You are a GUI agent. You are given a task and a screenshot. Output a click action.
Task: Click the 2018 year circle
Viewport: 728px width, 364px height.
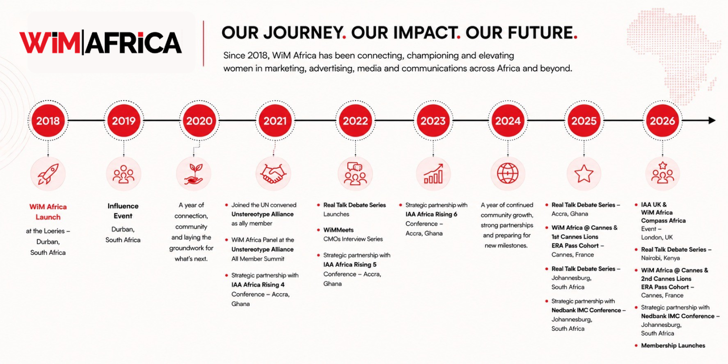coord(48,121)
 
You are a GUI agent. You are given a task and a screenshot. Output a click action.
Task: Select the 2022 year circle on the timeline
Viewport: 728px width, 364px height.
coord(355,121)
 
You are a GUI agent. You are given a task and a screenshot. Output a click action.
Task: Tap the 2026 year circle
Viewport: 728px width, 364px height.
coord(662,121)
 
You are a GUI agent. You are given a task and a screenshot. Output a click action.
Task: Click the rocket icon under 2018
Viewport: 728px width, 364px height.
coord(48,174)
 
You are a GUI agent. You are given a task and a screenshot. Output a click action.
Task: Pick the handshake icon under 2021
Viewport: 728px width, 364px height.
coord(273,174)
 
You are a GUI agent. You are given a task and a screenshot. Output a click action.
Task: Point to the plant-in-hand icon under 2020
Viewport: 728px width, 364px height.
coord(193,174)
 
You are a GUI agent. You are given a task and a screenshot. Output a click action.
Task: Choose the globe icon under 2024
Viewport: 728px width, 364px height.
coord(508,173)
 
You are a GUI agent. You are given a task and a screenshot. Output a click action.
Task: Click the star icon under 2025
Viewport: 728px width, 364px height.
coord(584,173)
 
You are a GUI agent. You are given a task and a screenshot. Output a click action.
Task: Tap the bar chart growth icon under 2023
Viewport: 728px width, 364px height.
coord(433,173)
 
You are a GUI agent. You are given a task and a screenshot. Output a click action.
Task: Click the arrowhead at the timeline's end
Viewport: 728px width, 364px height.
coord(712,121)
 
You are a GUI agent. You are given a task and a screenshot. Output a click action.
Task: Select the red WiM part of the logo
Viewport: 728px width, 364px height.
coord(50,43)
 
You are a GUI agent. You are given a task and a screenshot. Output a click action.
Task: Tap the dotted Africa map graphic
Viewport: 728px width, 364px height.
coord(673,55)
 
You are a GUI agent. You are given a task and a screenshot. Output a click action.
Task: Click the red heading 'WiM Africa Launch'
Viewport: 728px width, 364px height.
coord(48,212)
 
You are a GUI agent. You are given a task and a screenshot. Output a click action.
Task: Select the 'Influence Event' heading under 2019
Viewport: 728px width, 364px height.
coord(123,211)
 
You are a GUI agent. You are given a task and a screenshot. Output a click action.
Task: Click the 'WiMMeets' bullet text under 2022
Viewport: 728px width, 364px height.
coord(339,230)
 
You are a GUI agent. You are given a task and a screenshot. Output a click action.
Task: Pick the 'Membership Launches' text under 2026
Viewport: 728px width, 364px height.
coord(673,345)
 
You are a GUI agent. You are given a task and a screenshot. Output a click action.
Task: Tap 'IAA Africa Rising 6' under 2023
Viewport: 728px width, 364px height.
coord(431,214)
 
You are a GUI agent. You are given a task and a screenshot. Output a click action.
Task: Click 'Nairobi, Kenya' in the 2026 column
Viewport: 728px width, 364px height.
coord(660,258)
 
